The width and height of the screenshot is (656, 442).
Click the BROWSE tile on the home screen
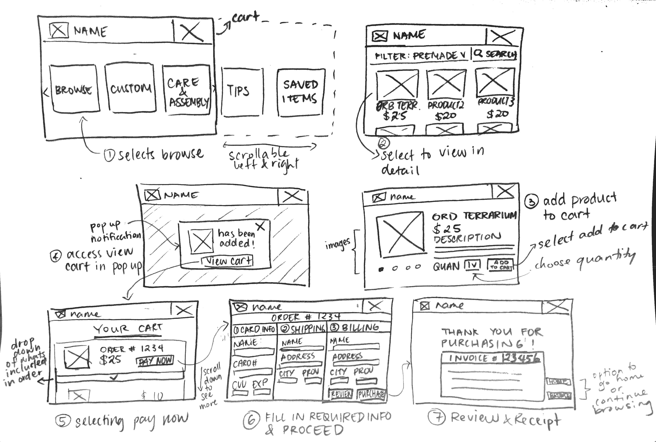coord(74,89)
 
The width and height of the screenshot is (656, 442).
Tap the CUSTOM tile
coord(130,88)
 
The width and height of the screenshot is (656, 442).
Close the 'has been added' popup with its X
coord(261,226)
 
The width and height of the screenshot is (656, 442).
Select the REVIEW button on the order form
coord(341,394)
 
